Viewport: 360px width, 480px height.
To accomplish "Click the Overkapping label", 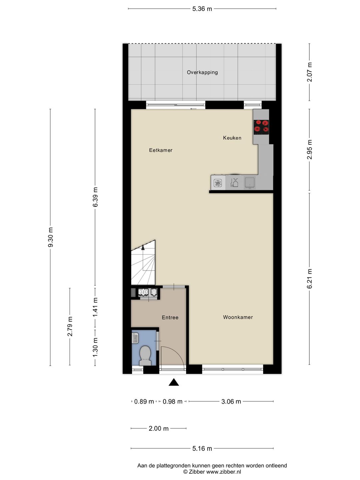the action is click(x=202, y=72).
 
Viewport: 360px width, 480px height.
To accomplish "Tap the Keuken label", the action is click(x=232, y=138).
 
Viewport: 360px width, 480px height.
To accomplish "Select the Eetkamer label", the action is click(x=161, y=150).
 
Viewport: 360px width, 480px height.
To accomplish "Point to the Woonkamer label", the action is click(x=238, y=317).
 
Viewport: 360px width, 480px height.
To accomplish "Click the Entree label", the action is click(x=170, y=318).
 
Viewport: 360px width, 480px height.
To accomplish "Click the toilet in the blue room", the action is click(x=145, y=356).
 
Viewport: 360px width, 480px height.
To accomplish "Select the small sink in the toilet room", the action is click(x=135, y=338).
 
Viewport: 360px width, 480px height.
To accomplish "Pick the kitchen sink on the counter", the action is click(x=250, y=183).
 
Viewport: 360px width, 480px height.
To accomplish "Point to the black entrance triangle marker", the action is click(x=174, y=382).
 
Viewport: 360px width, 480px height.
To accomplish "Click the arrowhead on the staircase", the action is click(x=143, y=247).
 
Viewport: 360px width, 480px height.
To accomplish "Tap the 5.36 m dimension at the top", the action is click(x=202, y=9).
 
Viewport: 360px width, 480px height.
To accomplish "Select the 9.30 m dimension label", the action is click(x=50, y=237).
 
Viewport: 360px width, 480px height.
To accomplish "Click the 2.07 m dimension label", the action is click(x=310, y=72).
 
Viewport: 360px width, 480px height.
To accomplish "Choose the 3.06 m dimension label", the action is click(x=231, y=401).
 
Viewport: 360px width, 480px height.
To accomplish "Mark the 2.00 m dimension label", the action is click(x=158, y=428).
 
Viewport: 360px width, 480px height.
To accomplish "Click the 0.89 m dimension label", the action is click(x=144, y=401).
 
